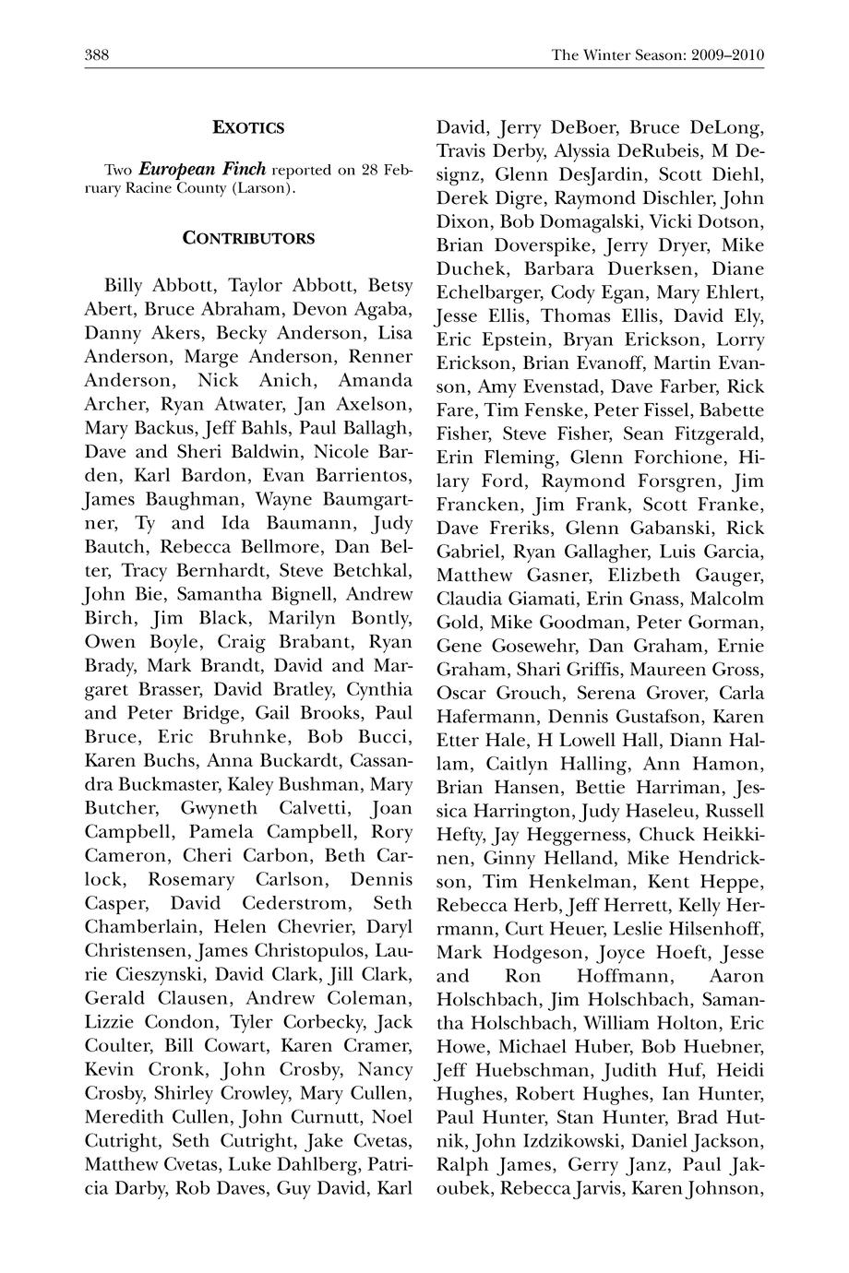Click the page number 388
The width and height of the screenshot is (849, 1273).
97,55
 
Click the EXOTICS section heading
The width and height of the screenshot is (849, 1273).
248,128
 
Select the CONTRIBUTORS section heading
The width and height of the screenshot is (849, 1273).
248,238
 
